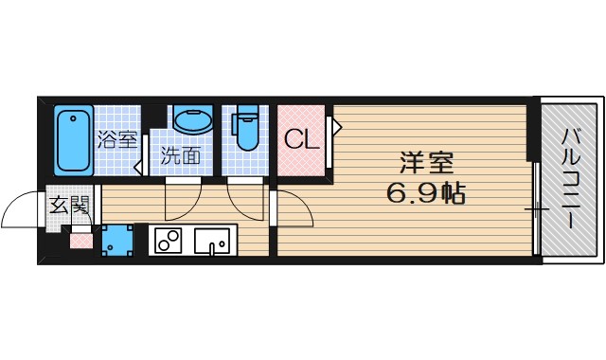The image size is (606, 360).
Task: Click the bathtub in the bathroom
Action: point(70,141)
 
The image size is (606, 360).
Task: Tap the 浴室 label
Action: point(116,140)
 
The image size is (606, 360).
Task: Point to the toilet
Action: point(246,130)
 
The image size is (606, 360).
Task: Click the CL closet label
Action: point(301,140)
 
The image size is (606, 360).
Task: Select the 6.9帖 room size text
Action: point(425,194)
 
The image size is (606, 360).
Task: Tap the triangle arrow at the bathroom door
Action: point(138,168)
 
